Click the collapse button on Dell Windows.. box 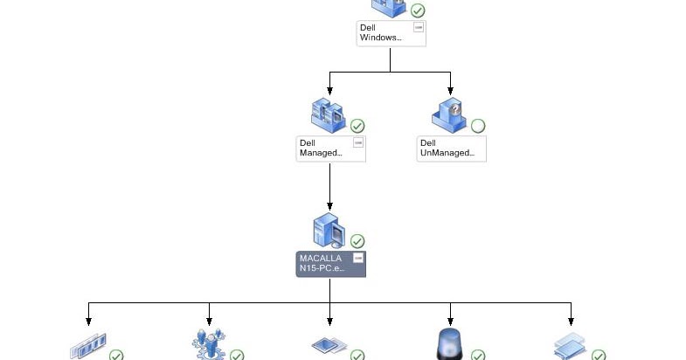click(x=418, y=28)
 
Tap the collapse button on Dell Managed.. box click(x=357, y=142)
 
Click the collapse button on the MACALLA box click(x=357, y=258)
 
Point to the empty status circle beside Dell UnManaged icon click(x=478, y=126)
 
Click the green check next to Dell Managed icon click(x=357, y=126)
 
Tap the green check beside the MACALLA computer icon click(x=357, y=241)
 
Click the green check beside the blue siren click(x=478, y=356)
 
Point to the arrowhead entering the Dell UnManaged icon click(x=451, y=91)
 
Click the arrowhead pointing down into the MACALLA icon click(x=330, y=206)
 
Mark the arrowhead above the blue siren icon click(x=451, y=322)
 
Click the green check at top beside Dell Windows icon click(x=418, y=10)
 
